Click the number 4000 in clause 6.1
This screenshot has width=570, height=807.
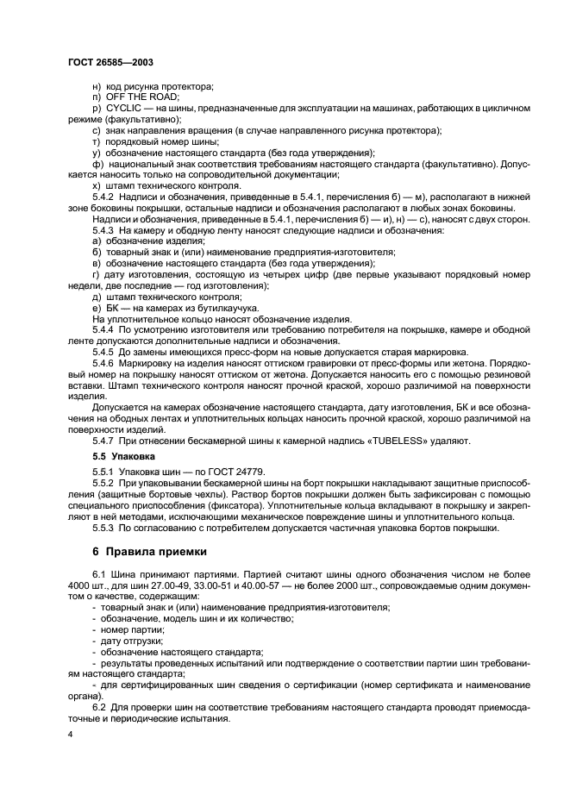click(x=82, y=585)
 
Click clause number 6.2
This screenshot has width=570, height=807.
click(x=98, y=706)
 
